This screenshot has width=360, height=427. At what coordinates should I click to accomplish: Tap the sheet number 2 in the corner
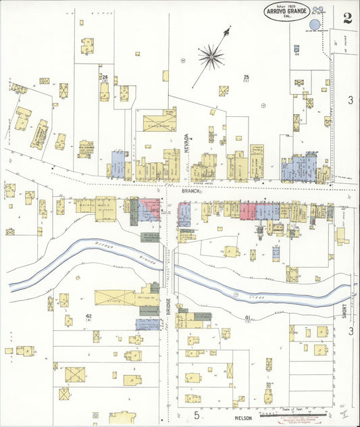[347, 18]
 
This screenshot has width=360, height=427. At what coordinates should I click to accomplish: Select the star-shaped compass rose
[211, 56]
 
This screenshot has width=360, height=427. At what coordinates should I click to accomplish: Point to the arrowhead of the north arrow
[227, 30]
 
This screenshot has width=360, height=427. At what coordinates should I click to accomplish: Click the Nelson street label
[243, 418]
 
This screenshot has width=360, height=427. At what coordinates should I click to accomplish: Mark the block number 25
[247, 77]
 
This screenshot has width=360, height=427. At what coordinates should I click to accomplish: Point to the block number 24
[104, 77]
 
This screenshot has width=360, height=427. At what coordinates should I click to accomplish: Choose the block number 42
[88, 316]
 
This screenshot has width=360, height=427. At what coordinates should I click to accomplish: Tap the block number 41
[248, 317]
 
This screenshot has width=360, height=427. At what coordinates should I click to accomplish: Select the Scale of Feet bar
[304, 411]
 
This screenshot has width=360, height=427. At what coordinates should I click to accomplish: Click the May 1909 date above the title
[287, 3]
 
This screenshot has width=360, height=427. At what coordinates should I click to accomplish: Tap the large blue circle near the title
[315, 22]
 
